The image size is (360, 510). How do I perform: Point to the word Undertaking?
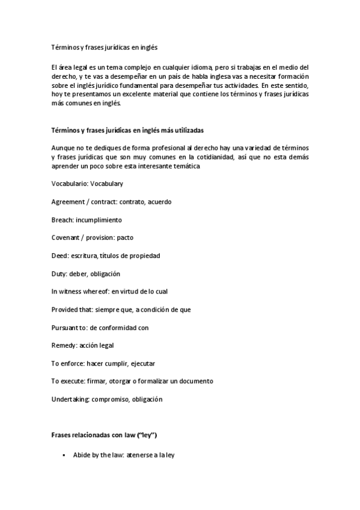pos(71,399)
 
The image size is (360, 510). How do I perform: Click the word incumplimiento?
pos(99,220)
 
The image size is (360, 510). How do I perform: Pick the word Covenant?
pos(67,238)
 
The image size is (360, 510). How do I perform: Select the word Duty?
pos(59,274)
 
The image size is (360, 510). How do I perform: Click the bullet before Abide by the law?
pos(64,456)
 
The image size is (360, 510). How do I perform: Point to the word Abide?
pos(82,456)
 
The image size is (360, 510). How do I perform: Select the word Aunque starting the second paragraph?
pos(64,148)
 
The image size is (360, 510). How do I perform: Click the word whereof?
pos(94,292)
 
